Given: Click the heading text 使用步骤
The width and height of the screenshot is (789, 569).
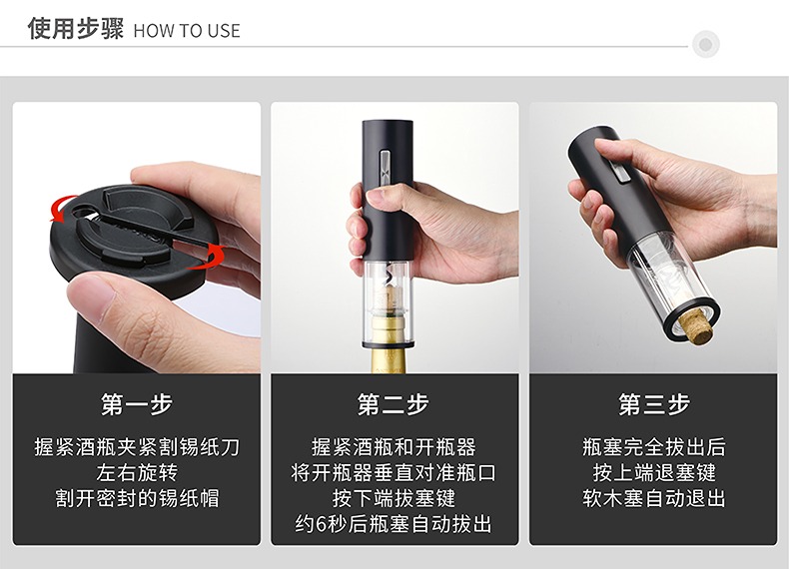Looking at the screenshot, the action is tap(76, 28).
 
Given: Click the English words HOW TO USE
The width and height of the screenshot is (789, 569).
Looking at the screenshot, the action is tap(187, 31).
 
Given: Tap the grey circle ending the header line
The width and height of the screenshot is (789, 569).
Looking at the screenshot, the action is tap(705, 44).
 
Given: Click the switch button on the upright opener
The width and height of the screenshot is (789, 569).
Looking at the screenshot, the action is tap(385, 168).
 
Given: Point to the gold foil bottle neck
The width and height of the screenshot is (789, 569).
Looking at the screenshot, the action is tap(389, 347).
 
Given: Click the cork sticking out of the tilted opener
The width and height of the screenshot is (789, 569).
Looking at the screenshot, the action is tap(695, 325).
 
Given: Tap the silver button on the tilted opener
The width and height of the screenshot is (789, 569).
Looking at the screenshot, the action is tap(620, 172).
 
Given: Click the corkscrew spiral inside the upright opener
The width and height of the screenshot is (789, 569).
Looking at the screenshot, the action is tap(387, 276).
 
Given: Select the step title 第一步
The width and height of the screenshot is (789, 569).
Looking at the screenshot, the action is tap(137, 404).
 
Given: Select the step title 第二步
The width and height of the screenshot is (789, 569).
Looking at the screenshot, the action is tap(393, 404).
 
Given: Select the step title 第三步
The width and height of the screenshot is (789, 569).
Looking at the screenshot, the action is tap(653, 404).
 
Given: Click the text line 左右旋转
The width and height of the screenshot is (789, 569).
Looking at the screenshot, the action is tap(137, 473).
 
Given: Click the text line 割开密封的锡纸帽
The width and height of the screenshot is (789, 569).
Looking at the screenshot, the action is tap(137, 498).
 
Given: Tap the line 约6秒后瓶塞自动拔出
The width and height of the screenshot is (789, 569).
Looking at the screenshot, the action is tap(394, 524).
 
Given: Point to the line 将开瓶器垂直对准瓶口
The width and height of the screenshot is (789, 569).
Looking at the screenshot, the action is tap(394, 473).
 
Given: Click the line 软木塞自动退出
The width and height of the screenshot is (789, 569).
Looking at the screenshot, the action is tap(653, 498).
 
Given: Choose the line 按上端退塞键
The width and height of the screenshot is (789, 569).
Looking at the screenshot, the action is tap(653, 473).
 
